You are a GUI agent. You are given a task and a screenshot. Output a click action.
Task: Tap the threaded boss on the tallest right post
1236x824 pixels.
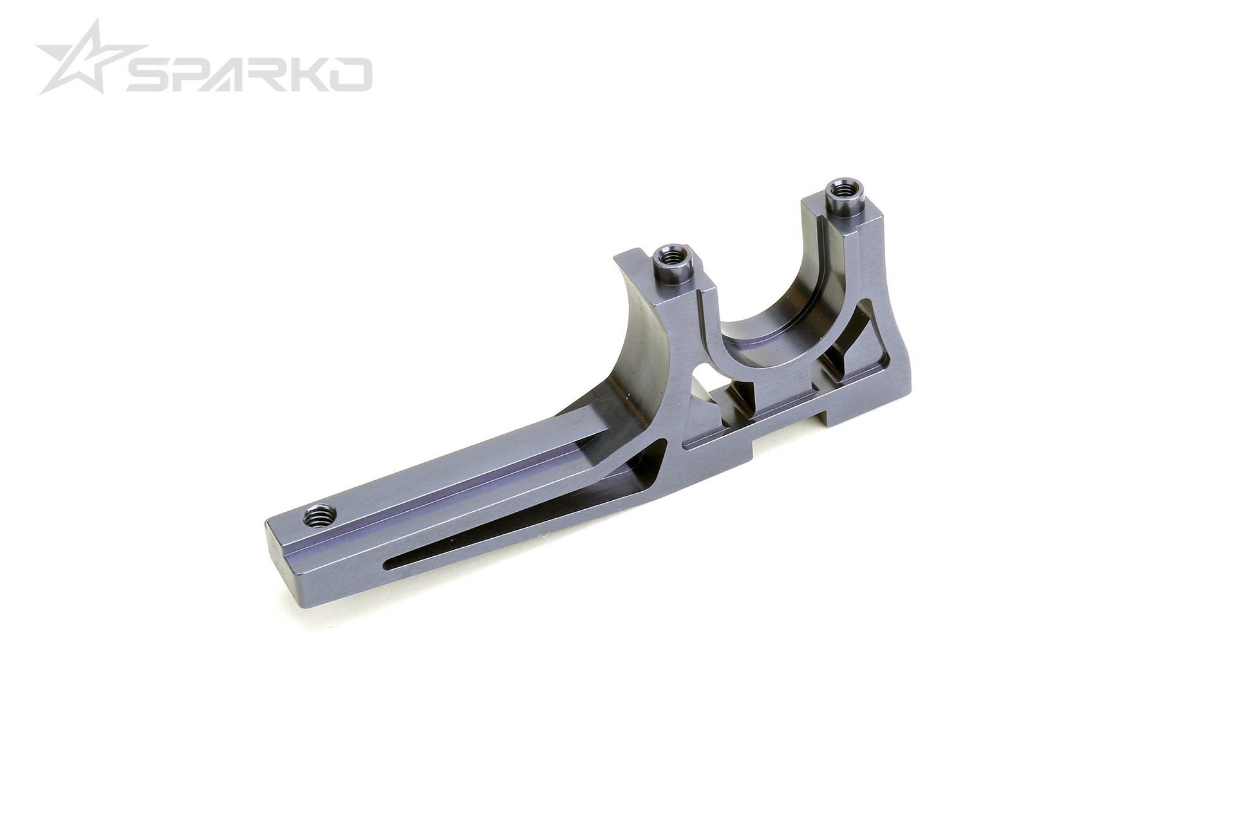pos(839,190)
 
